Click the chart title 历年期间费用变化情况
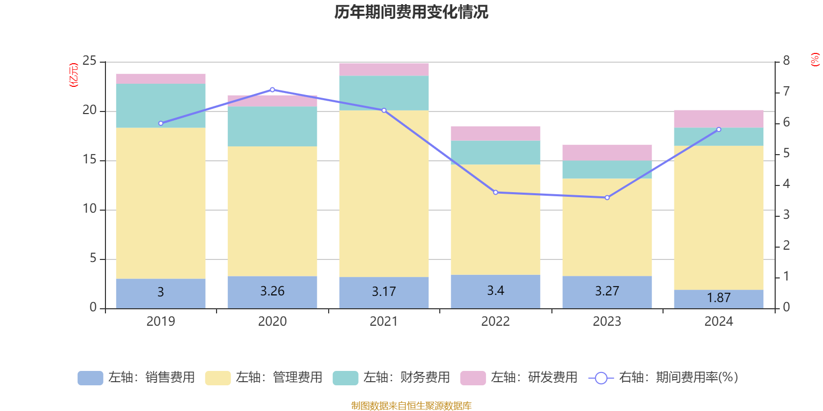411,12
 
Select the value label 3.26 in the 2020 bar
272,291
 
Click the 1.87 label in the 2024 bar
719,298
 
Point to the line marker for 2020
272,90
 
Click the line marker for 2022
495,193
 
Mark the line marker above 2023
607,198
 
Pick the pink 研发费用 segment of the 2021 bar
384,69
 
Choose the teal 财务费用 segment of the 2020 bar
272,126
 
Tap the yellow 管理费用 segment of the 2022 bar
495,219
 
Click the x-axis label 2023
607,322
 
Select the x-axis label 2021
384,322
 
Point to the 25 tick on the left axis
90,61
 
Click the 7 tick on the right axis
786,91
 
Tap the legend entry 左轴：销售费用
137,378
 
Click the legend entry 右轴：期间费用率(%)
664,378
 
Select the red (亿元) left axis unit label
74,75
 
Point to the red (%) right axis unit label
815,60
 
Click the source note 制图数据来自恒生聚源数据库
411,406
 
